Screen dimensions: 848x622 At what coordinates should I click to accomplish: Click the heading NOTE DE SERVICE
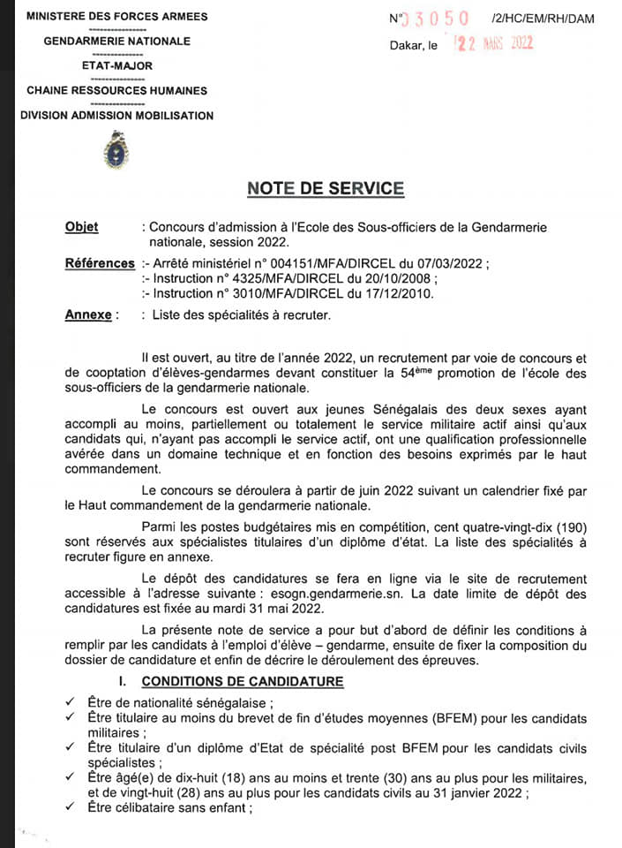tap(326, 188)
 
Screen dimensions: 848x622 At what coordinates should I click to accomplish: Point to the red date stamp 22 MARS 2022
tap(494, 43)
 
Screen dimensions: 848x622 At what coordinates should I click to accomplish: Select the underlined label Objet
tap(82, 227)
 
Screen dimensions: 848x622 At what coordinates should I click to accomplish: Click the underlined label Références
tap(100, 263)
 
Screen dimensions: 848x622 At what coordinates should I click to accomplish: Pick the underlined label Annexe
tap(88, 314)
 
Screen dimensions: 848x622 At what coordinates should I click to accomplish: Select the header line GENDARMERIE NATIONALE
tap(116, 41)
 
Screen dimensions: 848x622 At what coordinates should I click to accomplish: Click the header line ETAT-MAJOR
tap(116, 65)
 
